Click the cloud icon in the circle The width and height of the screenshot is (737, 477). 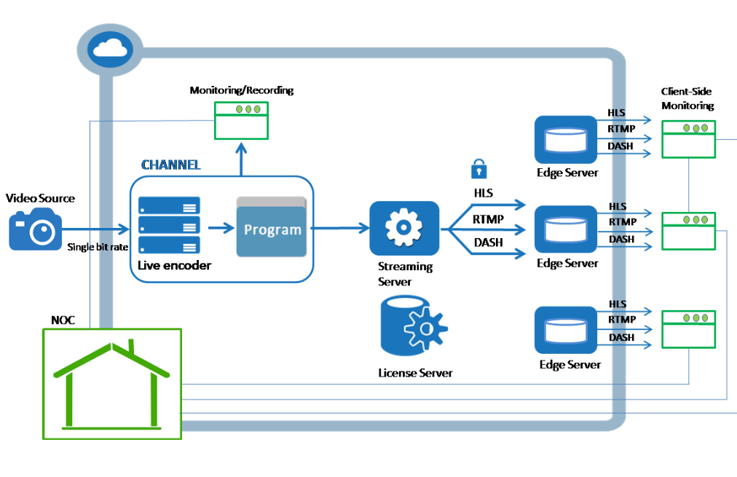(107, 49)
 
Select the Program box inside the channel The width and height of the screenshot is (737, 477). (272, 227)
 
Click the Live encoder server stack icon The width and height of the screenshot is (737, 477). (169, 225)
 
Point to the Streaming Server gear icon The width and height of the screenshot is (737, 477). (404, 228)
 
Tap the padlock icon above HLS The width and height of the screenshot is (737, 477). (478, 169)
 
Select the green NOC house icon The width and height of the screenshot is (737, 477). (111, 383)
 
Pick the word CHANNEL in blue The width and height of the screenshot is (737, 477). (170, 165)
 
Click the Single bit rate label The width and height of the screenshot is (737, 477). (98, 247)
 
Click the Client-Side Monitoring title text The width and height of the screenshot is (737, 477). (687, 98)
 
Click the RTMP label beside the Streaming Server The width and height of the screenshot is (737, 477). (487, 218)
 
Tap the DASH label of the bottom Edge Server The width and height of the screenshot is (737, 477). (621, 337)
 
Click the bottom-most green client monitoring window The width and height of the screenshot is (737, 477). (688, 328)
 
